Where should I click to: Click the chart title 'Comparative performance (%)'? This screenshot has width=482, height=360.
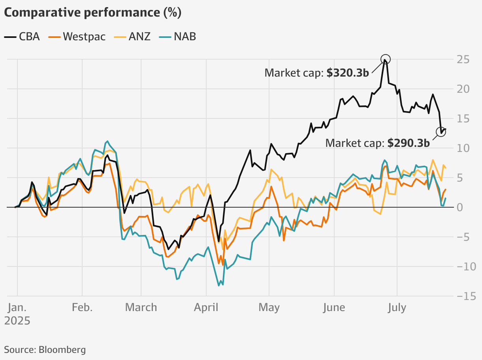92,13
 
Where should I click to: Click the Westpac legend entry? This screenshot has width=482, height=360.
77,37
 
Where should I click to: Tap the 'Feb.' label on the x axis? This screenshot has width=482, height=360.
82,307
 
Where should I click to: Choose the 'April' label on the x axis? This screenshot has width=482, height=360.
206,307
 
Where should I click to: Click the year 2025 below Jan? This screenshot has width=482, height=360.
17,321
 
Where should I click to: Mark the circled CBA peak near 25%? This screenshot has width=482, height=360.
386,60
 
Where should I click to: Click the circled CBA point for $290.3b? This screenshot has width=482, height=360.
441,132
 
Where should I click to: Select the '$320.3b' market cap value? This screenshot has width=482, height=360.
348,73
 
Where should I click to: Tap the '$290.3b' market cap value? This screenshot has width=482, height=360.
409,143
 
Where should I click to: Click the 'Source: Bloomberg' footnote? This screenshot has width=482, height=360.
45,349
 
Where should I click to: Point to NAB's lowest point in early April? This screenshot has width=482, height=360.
219,285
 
